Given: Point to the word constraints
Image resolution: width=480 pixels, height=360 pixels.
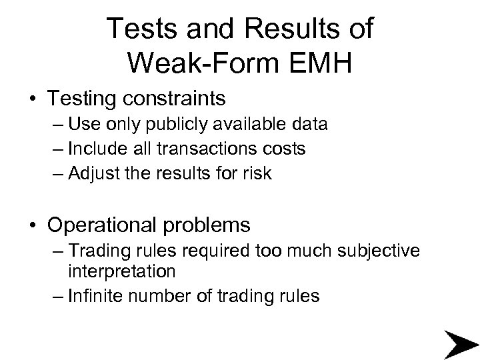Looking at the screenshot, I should click(171, 99).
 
